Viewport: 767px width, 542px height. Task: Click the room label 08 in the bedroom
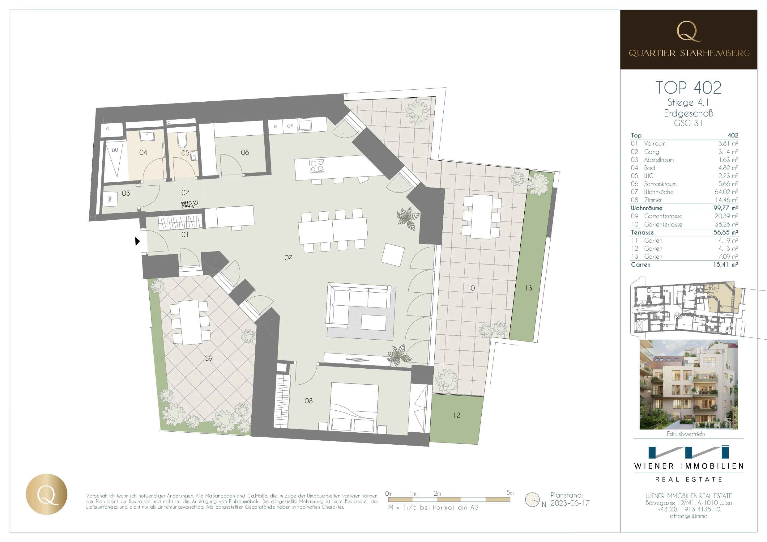click(308, 401)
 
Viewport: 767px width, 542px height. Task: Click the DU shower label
click(115, 150)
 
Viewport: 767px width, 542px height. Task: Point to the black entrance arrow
click(137, 241)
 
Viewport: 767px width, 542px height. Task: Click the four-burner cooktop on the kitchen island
click(317, 166)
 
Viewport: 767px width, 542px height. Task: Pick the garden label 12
click(457, 415)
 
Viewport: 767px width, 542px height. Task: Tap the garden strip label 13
click(528, 288)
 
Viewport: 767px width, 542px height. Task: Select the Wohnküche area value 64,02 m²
click(726, 192)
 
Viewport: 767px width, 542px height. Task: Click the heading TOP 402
click(688, 87)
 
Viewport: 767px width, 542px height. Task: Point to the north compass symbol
click(532, 500)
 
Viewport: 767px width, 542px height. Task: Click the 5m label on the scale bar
click(510, 493)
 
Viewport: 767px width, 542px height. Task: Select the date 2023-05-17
click(570, 503)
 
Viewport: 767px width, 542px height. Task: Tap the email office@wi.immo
click(688, 516)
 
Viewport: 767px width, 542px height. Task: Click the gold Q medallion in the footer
click(47, 494)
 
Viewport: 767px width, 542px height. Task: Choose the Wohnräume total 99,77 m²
click(726, 208)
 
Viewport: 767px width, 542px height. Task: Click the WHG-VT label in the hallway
click(190, 203)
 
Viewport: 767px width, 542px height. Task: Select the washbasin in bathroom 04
click(147, 136)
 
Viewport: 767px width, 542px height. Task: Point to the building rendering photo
click(688, 384)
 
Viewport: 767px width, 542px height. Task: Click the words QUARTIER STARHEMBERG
click(689, 53)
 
